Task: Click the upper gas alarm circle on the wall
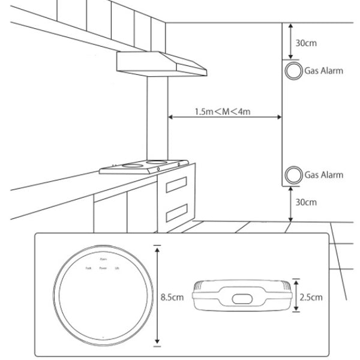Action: [293, 71]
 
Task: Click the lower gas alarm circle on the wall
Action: [293, 175]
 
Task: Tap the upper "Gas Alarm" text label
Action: [323, 71]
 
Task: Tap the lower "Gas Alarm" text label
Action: [323, 175]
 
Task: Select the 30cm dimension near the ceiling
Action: [307, 43]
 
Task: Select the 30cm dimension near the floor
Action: [307, 202]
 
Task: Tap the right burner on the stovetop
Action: [157, 161]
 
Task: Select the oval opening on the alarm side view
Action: [242, 298]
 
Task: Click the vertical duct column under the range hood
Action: [157, 120]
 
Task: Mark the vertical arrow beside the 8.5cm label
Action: [157, 296]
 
